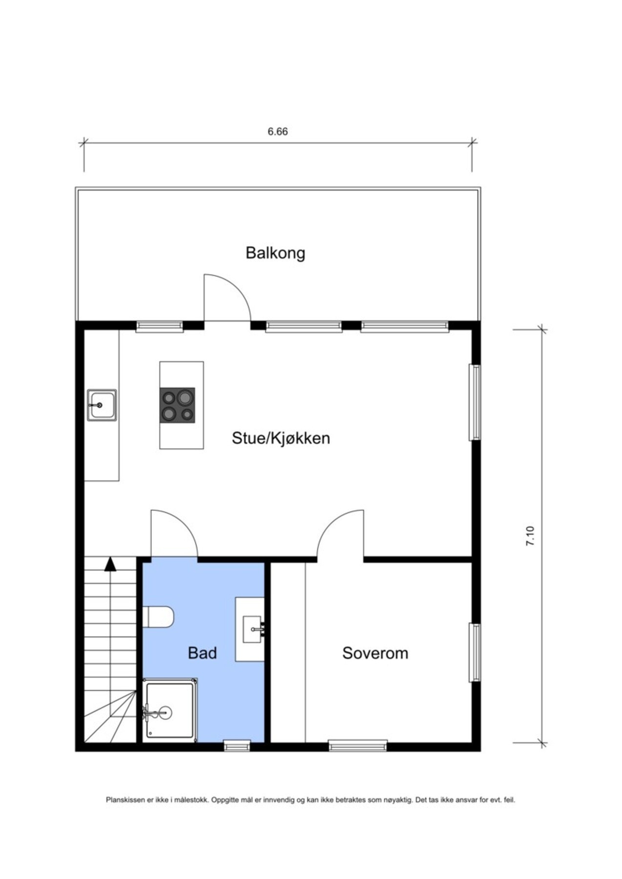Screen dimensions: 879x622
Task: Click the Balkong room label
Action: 275,253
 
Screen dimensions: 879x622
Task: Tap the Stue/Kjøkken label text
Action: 280,438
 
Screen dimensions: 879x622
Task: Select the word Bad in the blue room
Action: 202,653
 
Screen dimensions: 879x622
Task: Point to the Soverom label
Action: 375,653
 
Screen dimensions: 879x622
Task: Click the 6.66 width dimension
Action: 277,131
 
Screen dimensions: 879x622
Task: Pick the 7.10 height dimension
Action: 530,536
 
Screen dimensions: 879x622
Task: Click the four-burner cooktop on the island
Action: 177,405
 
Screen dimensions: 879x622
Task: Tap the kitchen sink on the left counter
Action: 102,405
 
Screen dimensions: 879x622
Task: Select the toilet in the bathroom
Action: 159,617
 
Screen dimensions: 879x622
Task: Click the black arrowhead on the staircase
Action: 110,565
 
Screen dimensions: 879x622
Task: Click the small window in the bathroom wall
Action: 236,746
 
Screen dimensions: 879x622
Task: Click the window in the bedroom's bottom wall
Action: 357,746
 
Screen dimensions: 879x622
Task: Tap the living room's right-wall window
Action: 474,402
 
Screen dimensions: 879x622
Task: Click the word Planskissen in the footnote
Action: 125,800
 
